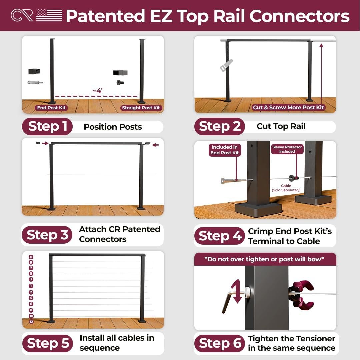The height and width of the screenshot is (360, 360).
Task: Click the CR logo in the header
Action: pyautogui.click(x=22, y=15)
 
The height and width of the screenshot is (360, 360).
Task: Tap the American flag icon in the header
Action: pyautogui.click(x=49, y=15)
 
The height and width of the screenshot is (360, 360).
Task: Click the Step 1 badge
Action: pyautogui.click(x=47, y=127)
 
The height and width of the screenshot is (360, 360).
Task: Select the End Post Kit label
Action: pyautogui.click(x=51, y=108)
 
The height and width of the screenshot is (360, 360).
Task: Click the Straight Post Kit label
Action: pyautogui.click(x=141, y=108)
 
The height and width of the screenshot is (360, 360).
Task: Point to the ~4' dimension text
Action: pyautogui.click(x=97, y=91)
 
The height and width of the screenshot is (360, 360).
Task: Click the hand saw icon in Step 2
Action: pyautogui.click(x=226, y=65)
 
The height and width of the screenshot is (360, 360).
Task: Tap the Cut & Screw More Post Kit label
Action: pyautogui.click(x=288, y=107)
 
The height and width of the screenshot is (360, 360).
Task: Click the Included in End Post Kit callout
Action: pyautogui.click(x=224, y=150)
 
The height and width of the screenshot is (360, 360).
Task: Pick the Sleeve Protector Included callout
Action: pyautogui.click(x=287, y=149)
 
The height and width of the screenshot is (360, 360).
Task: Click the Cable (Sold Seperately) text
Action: pyautogui.click(x=286, y=188)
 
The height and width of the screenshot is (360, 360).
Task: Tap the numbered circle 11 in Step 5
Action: pyautogui.click(x=31, y=257)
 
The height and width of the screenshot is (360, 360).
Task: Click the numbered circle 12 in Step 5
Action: pyautogui.click(x=31, y=322)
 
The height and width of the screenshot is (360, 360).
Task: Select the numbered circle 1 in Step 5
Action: pyautogui.click(x=31, y=286)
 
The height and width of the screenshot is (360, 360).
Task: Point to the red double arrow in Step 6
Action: pyautogui.click(x=236, y=292)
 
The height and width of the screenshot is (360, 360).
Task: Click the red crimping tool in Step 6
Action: pyautogui.click(x=302, y=295)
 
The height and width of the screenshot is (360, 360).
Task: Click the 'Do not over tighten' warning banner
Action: pyautogui.click(x=265, y=259)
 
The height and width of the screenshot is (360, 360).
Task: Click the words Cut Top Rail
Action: pyautogui.click(x=281, y=126)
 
